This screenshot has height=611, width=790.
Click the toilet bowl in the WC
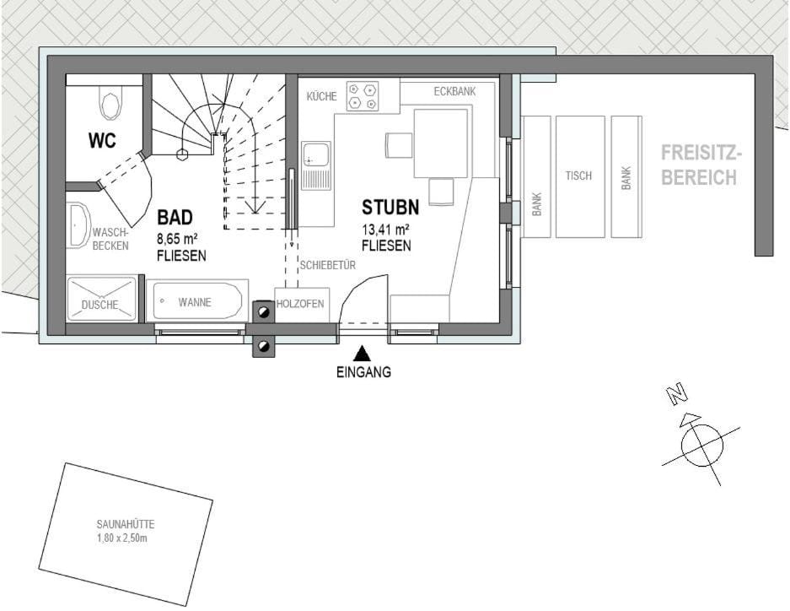coord(110,105)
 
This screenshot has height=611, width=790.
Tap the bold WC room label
coord(102,141)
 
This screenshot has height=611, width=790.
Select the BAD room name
coord(175,218)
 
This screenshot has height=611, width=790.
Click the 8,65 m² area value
coord(177,239)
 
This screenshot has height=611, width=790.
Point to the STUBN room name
coord(390,208)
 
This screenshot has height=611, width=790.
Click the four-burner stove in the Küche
coord(362,95)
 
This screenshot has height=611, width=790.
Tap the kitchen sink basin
coord(316,155)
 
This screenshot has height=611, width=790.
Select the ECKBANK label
coord(454,90)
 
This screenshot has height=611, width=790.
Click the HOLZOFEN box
coord(300,304)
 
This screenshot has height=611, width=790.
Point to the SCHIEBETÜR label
coord(327,265)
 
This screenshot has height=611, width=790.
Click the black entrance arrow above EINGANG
coord(362,353)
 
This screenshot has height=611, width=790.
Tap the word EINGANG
coord(363,372)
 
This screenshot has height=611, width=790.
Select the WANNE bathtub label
coord(195,302)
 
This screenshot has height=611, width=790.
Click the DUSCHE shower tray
coord(100,300)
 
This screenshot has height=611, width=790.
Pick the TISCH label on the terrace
coord(578,176)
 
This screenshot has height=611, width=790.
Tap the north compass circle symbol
coord(701,445)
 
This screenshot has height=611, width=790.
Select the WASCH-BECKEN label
coord(110,239)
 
